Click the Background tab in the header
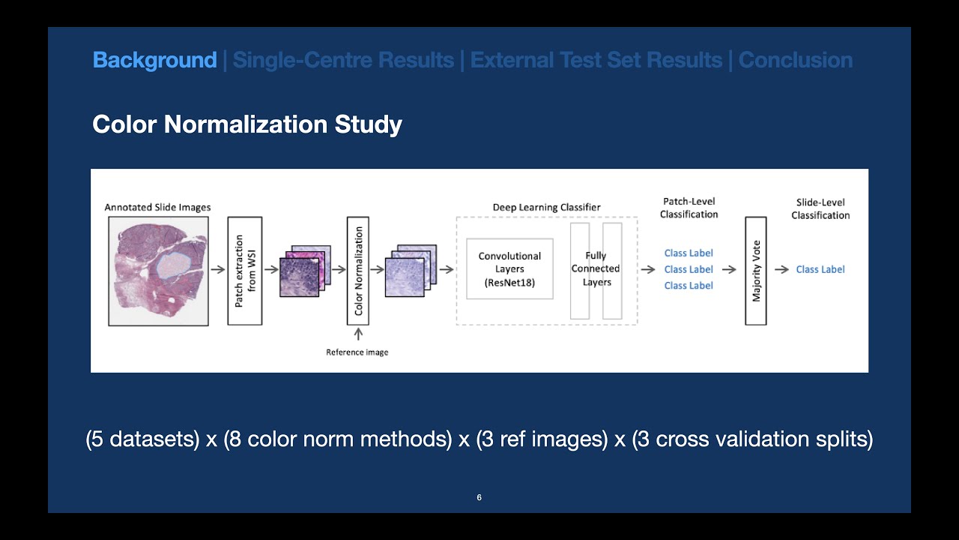(x=154, y=60)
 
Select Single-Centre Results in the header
(x=343, y=60)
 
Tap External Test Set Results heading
(x=596, y=60)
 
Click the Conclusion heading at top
(x=796, y=60)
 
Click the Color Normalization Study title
(x=247, y=124)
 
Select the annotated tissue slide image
(x=158, y=271)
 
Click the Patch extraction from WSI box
(x=245, y=271)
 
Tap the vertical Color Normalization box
(x=358, y=271)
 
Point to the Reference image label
(x=357, y=352)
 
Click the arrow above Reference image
(x=358, y=334)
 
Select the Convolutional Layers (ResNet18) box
(x=509, y=269)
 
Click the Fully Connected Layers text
(x=596, y=269)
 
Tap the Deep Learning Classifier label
(x=546, y=207)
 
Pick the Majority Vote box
(x=756, y=271)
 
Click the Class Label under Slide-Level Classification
(x=820, y=270)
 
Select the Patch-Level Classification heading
(x=689, y=208)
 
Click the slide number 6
(x=479, y=497)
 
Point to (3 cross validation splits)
(x=751, y=439)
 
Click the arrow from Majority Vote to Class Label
(x=781, y=270)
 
